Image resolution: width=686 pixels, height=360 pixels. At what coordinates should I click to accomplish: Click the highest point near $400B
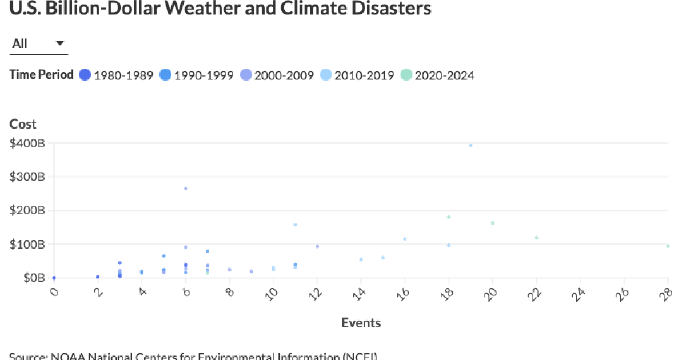point(470,146)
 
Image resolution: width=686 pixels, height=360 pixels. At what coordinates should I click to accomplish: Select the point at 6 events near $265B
point(186,189)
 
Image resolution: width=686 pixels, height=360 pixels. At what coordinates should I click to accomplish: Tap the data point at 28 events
point(668,246)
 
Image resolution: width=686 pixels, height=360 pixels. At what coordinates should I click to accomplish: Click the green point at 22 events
point(536,238)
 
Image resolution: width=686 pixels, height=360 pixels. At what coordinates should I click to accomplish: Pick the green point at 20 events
point(492,223)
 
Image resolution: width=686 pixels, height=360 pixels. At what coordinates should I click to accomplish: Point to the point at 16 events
point(405,239)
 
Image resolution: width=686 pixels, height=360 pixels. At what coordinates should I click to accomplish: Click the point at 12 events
point(317,246)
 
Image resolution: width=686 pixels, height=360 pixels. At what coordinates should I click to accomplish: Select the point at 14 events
point(361,259)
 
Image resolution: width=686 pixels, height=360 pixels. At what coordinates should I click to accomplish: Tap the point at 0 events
point(54,278)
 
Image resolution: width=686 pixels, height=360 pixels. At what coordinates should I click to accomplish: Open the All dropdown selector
point(38,44)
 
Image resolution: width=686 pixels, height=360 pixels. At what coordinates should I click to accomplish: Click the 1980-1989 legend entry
point(117,75)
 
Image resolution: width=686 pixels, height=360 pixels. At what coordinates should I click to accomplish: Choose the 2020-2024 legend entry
point(437,75)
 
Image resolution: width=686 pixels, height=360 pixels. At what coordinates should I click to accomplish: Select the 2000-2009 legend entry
point(277,75)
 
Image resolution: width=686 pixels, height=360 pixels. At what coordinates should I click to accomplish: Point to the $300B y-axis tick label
point(27,177)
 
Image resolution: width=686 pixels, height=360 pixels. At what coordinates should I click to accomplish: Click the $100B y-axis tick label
point(27,244)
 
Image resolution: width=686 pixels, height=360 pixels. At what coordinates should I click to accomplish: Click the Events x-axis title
point(361,323)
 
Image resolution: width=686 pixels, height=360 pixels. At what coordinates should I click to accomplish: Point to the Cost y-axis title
point(23,124)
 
